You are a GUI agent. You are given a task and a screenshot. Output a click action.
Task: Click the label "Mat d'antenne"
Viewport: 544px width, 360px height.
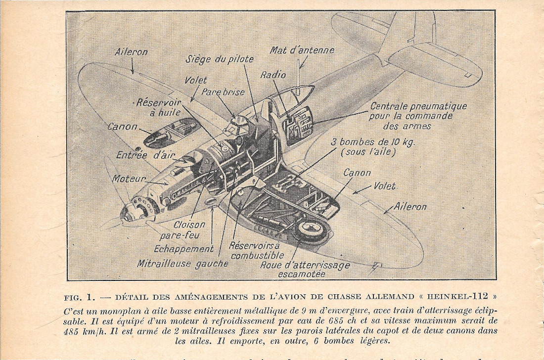[x=302, y=50]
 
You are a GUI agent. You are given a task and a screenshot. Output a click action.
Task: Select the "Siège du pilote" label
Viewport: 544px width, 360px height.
[x=220, y=59]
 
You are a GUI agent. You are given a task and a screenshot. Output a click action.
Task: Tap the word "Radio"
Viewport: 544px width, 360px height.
[x=273, y=75]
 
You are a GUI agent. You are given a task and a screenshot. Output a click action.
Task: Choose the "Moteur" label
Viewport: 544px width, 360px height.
[x=129, y=179]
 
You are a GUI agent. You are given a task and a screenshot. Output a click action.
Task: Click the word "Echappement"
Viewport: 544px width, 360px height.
[x=183, y=249]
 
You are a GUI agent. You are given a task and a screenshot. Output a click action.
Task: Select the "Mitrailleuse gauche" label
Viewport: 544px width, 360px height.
[x=182, y=264]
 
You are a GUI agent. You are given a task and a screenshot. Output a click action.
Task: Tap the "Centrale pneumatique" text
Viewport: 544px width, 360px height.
[x=418, y=106]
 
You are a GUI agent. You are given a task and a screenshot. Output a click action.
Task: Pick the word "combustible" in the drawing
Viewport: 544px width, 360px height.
[x=257, y=256]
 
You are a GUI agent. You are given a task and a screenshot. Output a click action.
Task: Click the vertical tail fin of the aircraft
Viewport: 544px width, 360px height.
[x=401, y=30]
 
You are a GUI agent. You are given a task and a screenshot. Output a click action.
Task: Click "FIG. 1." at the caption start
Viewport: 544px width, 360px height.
[x=79, y=297]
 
